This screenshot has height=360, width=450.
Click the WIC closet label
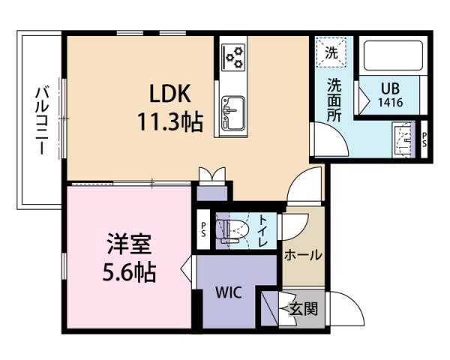click(229, 292)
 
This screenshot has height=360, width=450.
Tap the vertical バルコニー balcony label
click(42, 120)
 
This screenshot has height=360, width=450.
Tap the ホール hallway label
click(303, 255)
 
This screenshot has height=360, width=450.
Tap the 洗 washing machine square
click(331, 52)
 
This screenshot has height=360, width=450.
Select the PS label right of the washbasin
click(424, 139)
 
